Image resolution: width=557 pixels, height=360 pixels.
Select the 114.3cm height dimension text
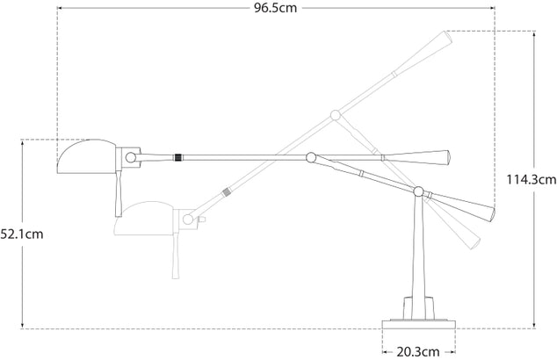click(532, 179)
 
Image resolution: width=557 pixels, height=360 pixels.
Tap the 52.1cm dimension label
click(23, 234)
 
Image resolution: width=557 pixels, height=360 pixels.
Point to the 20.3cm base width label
click(418, 350)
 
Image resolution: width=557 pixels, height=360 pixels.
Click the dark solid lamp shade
click(84, 158)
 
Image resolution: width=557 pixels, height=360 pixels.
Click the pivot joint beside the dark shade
click(131, 157)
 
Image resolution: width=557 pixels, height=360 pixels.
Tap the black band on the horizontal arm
click(179, 157)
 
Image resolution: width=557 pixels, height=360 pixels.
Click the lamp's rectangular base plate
click(419, 319)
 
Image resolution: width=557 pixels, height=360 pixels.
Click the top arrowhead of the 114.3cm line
click(536, 32)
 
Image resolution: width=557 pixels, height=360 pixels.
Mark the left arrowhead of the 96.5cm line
click(60, 11)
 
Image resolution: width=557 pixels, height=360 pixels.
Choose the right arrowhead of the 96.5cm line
click(494, 11)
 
